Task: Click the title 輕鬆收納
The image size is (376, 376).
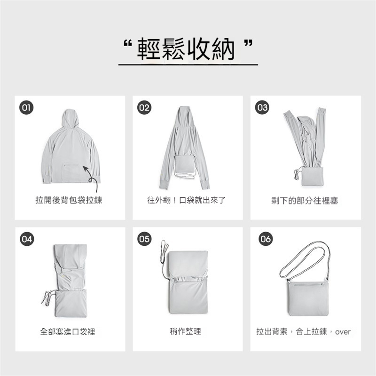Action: point(188,48)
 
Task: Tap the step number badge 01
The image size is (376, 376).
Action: point(26,107)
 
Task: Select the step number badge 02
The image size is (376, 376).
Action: point(144,107)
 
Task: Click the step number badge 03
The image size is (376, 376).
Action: point(262,107)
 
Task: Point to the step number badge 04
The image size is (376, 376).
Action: point(26,239)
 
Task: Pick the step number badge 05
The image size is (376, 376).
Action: point(144,239)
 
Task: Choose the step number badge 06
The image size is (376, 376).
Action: point(266,239)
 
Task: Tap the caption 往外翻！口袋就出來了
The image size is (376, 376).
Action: point(187,201)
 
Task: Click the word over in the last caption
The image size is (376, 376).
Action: point(343,332)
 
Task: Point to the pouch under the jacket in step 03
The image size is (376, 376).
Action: point(309,177)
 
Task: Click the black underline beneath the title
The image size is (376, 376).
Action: point(188,64)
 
